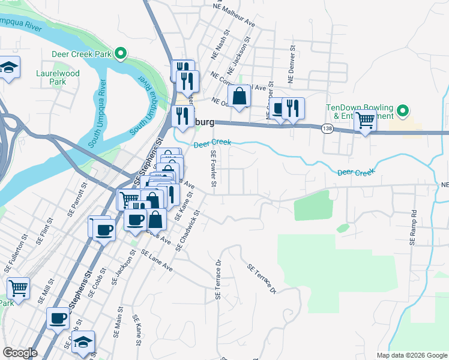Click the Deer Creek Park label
82,54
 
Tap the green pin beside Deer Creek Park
121,54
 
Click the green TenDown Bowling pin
403,111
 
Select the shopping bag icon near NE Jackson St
239,97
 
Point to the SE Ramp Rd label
413,228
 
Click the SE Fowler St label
213,171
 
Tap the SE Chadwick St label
188,230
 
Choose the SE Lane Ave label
157,262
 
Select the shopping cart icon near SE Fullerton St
19,289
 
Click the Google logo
20,353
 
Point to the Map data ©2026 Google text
411,355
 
